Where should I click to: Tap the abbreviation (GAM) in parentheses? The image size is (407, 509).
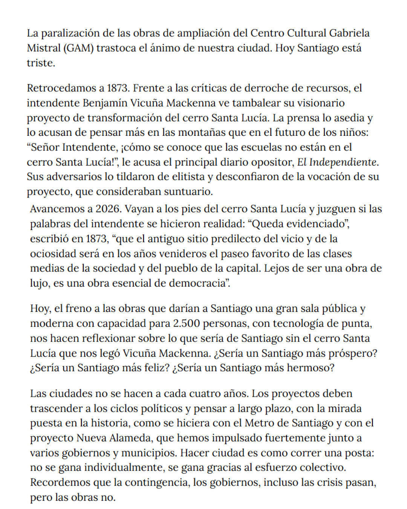[78, 48]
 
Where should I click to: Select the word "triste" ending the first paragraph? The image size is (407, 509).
[40, 63]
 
